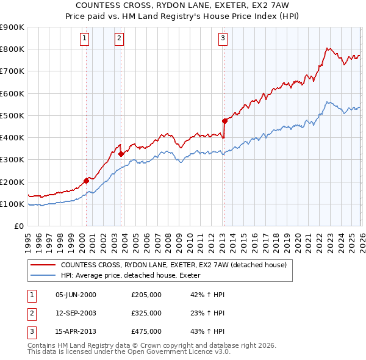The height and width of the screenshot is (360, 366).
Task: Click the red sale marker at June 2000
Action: coord(86,181)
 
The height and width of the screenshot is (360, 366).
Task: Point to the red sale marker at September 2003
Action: coord(121,154)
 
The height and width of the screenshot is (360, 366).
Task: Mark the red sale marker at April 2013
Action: coord(224,121)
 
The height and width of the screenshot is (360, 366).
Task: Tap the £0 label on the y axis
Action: coord(18,226)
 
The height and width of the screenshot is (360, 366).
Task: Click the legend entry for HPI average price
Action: coord(135,276)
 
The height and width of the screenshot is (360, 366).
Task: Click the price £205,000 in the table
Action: coord(146,295)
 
